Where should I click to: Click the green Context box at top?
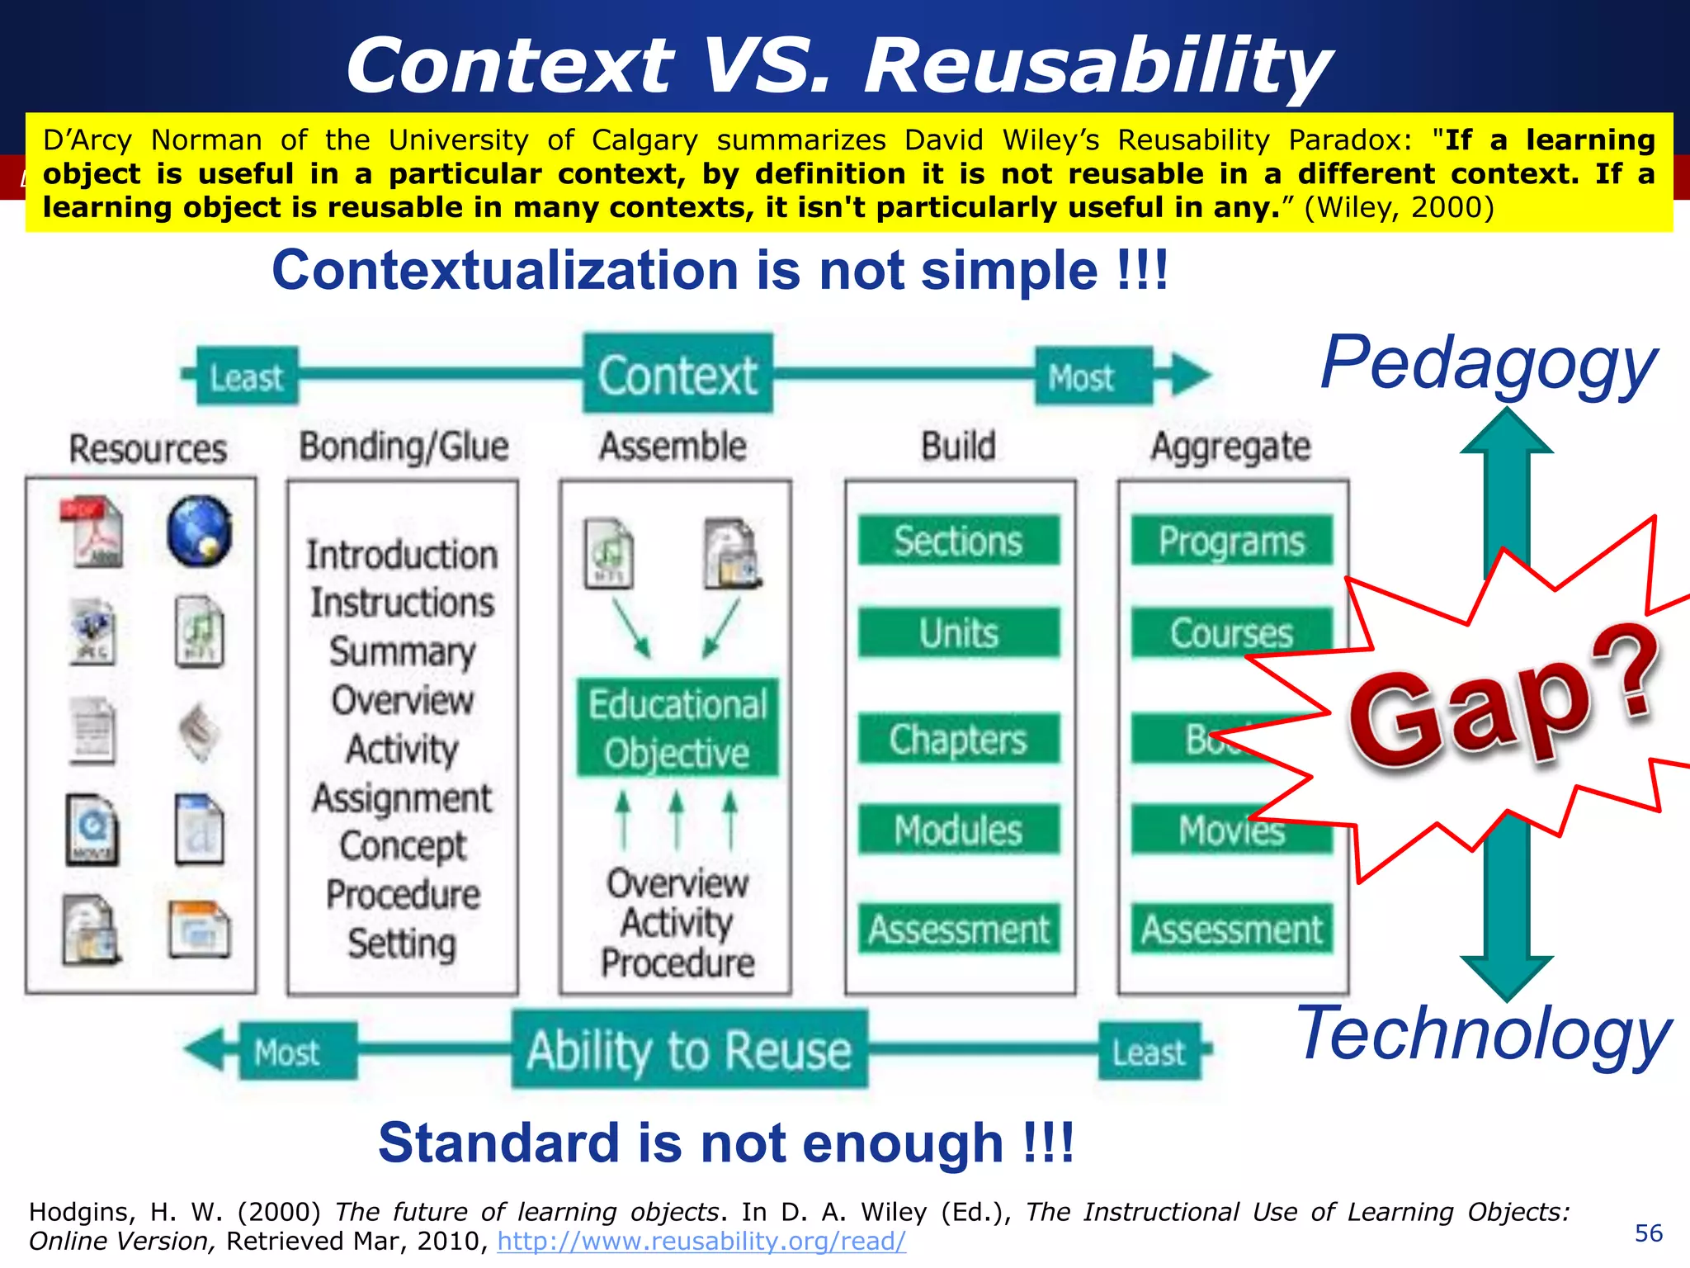pos(677,374)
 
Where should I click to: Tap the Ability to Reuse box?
pos(689,1050)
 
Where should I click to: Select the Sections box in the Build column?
pos(959,541)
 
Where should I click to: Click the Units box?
pos(959,633)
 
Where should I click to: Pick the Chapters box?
pos(959,739)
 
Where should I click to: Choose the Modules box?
pos(959,830)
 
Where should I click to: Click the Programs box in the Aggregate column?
pos(1231,541)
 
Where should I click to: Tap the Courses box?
pos(1231,633)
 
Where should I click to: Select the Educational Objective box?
pos(677,728)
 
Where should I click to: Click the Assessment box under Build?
pos(959,930)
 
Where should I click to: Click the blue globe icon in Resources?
pos(199,531)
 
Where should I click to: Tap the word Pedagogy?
pos(1488,363)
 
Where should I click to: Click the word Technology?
pos(1483,1034)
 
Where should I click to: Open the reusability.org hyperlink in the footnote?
pos(701,1241)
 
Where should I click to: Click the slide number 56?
pos(1648,1233)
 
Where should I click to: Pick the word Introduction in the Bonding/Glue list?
pos(403,555)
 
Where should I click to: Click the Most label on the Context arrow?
pos(1081,377)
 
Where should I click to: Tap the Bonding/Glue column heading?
pos(404,447)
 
